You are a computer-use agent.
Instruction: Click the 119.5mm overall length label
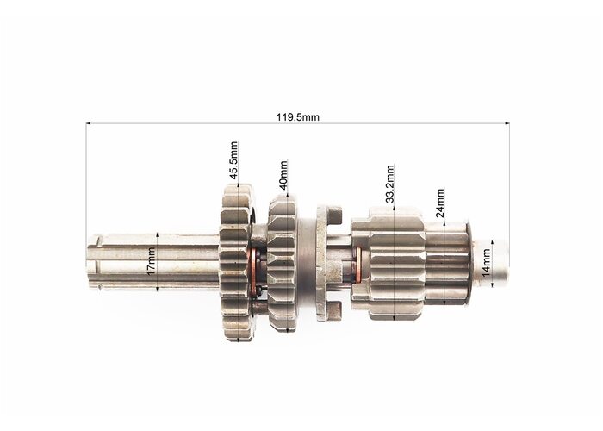coord(298,117)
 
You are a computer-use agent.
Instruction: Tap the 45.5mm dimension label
coord(233,160)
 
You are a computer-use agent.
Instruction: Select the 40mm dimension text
coord(283,175)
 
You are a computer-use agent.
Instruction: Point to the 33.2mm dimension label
coord(390,184)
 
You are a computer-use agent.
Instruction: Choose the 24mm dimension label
coord(440,203)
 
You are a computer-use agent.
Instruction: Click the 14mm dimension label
coord(487,263)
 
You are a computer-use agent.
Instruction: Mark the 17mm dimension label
coord(151,261)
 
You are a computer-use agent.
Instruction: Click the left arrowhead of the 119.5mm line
coord(88,123)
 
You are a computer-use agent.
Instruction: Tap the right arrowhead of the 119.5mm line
coord(507,123)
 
